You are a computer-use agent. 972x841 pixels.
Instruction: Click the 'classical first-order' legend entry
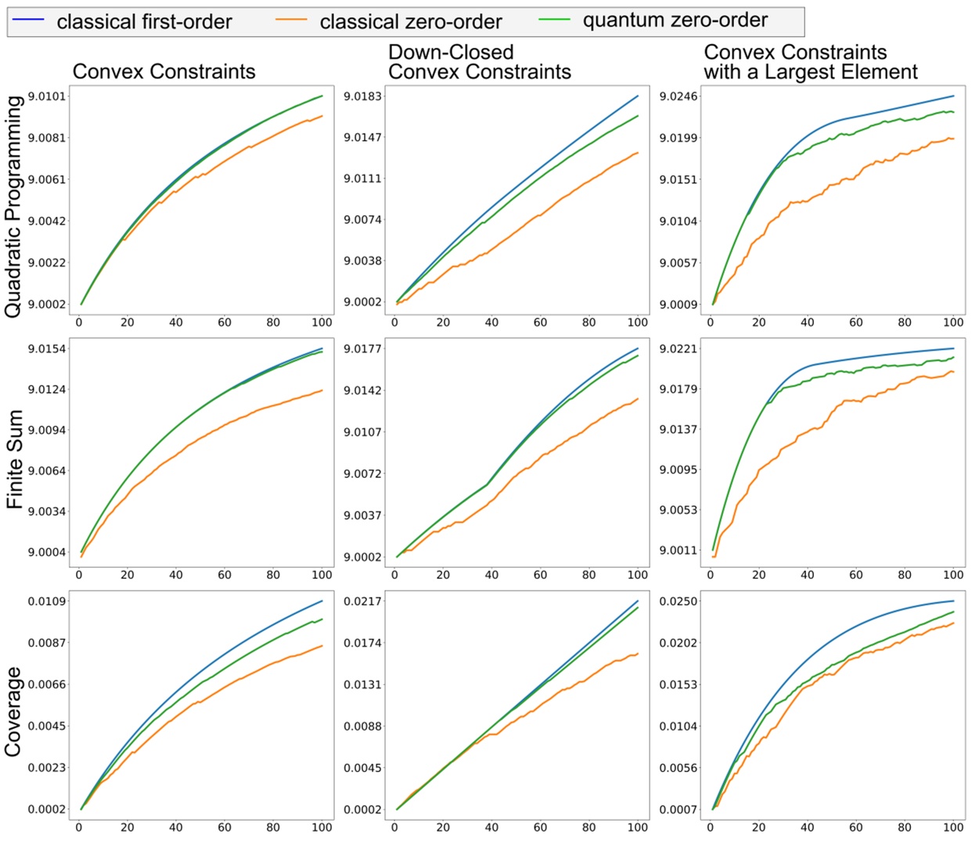point(144,21)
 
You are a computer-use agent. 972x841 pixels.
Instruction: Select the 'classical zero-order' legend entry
point(410,21)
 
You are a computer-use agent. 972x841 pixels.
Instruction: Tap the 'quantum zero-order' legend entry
point(675,20)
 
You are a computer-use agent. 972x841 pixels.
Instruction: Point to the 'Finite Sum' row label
point(14,459)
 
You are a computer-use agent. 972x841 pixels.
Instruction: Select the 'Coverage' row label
point(13,711)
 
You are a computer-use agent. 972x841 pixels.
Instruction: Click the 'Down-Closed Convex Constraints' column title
point(479,62)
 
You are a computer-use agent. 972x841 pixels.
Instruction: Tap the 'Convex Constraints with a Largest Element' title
point(810,62)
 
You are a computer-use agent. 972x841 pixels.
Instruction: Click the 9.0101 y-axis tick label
point(47,96)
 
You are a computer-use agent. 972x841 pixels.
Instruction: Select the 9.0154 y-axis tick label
point(47,349)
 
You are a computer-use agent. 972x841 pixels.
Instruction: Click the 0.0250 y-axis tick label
point(678,602)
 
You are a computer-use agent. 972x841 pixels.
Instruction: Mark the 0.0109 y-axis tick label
point(47,602)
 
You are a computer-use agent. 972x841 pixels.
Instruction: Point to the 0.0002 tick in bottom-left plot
point(47,810)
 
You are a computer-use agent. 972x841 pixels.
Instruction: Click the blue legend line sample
point(30,19)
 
